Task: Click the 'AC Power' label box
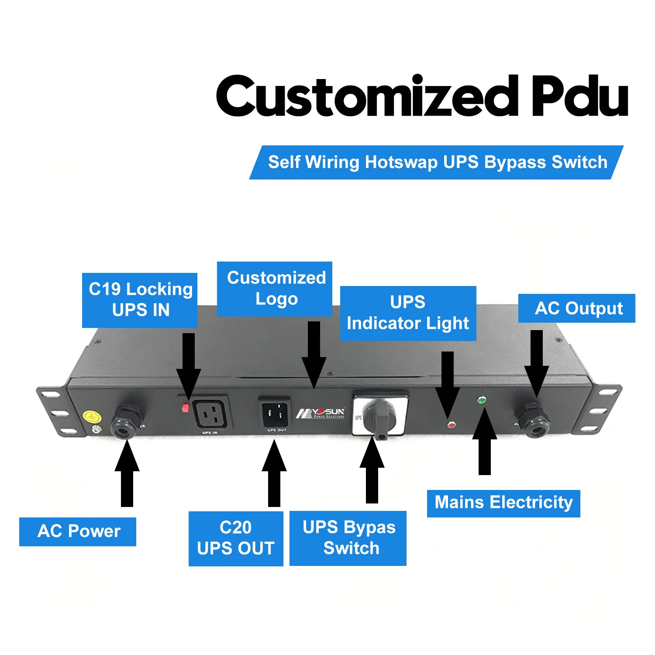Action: pos(78,531)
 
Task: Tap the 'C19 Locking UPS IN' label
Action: pos(140,300)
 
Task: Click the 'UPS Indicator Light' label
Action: pos(408,313)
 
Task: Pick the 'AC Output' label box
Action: pos(576,308)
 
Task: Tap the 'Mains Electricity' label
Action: pos(503,503)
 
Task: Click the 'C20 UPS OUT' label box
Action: pos(236,538)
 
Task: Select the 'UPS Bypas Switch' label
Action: pos(348,538)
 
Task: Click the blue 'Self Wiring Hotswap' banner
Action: pos(437,162)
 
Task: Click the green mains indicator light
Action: pos(482,400)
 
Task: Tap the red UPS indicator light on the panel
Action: pos(451,424)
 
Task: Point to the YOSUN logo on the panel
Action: pos(321,413)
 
